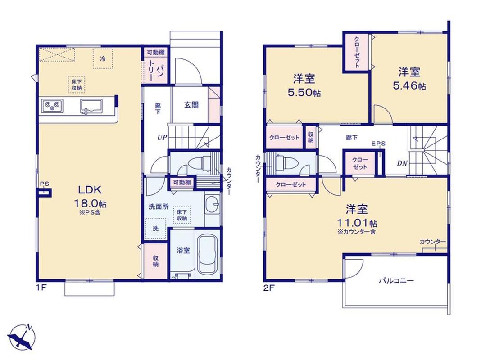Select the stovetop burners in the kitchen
tap(52, 106)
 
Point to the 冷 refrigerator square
tap(103, 58)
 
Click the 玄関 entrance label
tap(191, 105)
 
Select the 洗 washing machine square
tap(155, 229)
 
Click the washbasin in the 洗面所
tap(212, 204)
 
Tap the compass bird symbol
tap(22, 337)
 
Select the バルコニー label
tap(396, 281)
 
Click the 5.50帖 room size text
tap(304, 92)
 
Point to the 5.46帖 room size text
tap(409, 86)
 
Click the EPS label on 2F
tap(378, 144)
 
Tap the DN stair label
tap(402, 163)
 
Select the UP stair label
tap(162, 138)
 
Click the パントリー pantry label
tap(155, 70)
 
